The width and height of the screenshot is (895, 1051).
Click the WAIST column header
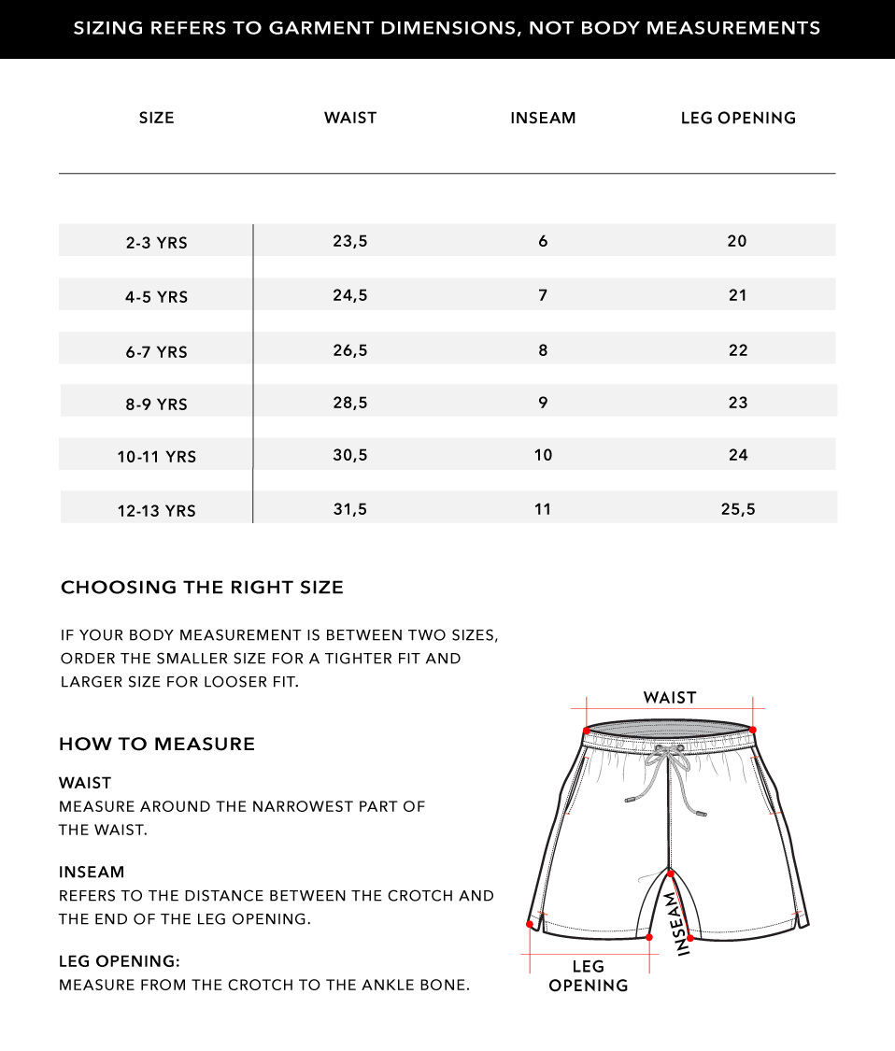click(x=350, y=118)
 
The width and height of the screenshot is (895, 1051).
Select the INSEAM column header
click(x=543, y=118)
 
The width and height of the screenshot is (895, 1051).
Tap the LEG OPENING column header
click(x=738, y=118)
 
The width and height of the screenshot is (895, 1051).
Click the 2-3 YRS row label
click(x=157, y=243)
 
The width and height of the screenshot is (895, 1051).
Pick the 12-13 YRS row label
click(x=157, y=511)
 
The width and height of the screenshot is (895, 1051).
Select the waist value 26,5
click(x=350, y=350)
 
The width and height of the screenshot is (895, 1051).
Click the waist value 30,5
click(x=350, y=455)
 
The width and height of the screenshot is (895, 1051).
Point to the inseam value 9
click(x=543, y=403)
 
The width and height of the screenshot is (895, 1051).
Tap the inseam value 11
click(x=543, y=509)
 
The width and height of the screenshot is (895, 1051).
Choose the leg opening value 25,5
click(x=738, y=509)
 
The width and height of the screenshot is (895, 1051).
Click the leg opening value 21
click(x=738, y=295)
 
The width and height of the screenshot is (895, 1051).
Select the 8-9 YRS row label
click(x=157, y=405)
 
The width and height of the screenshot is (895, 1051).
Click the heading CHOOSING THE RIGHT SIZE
click(x=202, y=588)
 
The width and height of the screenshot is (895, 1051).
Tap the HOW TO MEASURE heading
click(x=157, y=745)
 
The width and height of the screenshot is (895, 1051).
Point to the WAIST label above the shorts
click(x=670, y=698)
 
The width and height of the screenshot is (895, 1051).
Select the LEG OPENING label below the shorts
click(x=589, y=976)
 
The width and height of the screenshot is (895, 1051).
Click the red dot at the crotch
click(x=670, y=873)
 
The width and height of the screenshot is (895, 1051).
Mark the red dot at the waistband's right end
click(x=752, y=730)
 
